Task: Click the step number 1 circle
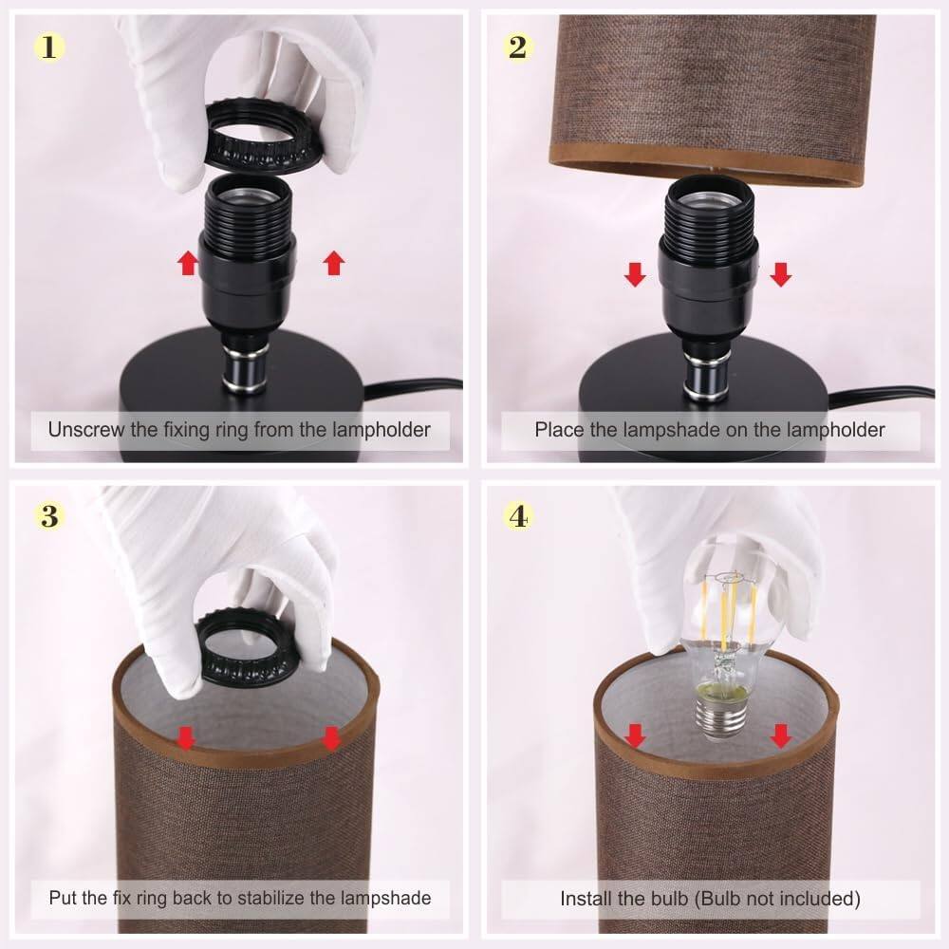[x=48, y=46]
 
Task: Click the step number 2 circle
[x=517, y=46]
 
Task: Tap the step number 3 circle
[x=48, y=515]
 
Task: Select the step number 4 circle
[x=517, y=515]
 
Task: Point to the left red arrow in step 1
[x=188, y=263]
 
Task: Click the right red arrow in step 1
[x=334, y=263]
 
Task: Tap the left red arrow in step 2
[x=635, y=275]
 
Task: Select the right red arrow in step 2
[x=780, y=275]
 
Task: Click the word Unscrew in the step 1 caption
[x=86, y=430]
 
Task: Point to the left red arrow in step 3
[x=188, y=737]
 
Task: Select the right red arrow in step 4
[x=781, y=735]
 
